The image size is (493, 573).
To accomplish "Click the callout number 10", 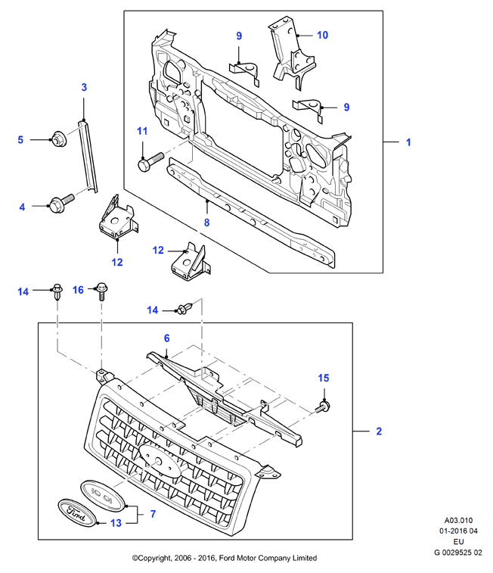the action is pos(322,35).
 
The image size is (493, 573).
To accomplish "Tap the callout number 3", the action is pos(84,87).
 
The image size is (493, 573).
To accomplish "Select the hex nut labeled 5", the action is pos(59,139).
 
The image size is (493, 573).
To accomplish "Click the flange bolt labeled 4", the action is pos(62,203).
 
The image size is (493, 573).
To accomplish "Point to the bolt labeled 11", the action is pos(150,161).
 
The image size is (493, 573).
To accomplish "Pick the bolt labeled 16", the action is pos(102,291).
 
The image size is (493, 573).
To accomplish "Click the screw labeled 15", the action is pos(323,406).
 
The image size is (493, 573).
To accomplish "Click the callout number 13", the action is pos(116,523).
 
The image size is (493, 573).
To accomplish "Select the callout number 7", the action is pos(153,514).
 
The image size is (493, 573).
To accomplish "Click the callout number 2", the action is pos(379,431).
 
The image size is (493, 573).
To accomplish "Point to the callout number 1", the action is pos(409,142).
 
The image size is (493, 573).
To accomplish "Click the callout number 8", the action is pos(206,223).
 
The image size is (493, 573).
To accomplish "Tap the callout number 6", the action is pos(167,338).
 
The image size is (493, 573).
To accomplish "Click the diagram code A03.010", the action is pos(458,520).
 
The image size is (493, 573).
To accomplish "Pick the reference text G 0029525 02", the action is pos(458,553).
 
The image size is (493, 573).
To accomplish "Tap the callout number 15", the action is pos(324,378).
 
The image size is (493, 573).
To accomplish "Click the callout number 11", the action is pos(142,131).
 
